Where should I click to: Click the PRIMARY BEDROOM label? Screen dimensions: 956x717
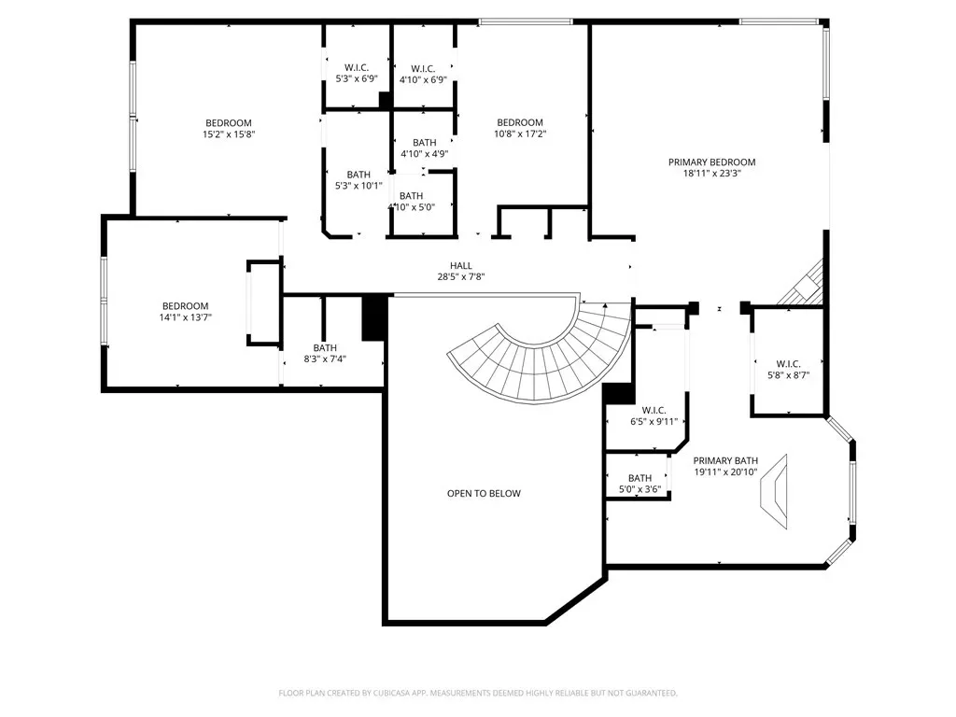711,162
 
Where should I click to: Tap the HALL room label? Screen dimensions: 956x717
461,266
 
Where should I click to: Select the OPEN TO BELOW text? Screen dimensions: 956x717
485,493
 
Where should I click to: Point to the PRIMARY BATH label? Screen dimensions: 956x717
725,461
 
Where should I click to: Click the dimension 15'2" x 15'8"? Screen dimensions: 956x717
229,134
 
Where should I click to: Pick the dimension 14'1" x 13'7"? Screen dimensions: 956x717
186,317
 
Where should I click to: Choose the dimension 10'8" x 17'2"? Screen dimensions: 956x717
520,134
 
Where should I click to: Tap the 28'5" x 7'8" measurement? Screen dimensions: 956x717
461,276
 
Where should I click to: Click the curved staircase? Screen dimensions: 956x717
537,372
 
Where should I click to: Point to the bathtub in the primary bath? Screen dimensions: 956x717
774,491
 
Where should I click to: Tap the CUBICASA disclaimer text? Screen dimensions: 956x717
478,694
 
